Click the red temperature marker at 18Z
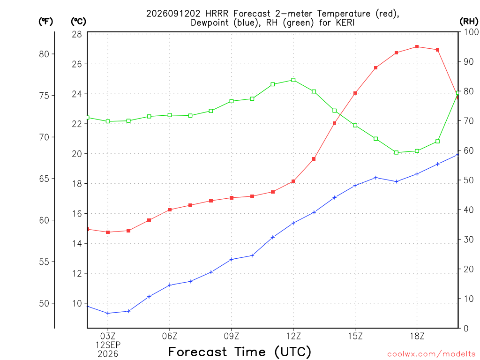[x=417, y=47]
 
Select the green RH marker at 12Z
[x=293, y=80]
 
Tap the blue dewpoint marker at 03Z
[x=108, y=313]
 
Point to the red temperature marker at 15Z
[x=355, y=93]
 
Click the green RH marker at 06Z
[x=170, y=115]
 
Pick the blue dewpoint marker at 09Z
[x=232, y=259]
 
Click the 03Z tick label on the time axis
[x=108, y=336]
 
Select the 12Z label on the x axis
[x=293, y=336]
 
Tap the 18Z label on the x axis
[x=417, y=336]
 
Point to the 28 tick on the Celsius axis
[x=77, y=34]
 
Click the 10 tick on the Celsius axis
[x=77, y=303]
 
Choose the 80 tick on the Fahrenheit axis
[x=45, y=54]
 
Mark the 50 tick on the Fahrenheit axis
[x=45, y=303]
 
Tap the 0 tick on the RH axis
[x=466, y=329]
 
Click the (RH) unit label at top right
[x=469, y=21]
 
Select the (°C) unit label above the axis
[x=78, y=21]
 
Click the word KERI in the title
[x=345, y=22]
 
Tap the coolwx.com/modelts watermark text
[x=431, y=354]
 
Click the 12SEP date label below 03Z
[x=108, y=345]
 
